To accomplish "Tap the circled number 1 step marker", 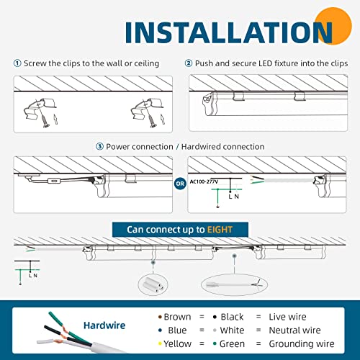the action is tap(17, 63).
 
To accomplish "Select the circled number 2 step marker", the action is tap(189, 63).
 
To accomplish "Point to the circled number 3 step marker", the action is tap(99, 146).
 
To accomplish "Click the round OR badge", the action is tap(180, 184).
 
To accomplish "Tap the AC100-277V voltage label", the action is tap(204, 181).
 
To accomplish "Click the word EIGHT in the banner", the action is tap(220, 230).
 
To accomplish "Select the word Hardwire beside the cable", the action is tap(104, 325).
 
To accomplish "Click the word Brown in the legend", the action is tap(177, 317).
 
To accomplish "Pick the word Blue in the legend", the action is tap(177, 330).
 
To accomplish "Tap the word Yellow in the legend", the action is tap(178, 343).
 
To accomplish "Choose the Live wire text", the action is tap(287, 317).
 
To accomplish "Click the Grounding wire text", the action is tap(302, 344).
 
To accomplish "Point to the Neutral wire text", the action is tap(294, 330).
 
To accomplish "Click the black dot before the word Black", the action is tap(215, 317).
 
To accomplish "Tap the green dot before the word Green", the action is tap(215, 344).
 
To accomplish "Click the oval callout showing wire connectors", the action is tap(153, 284).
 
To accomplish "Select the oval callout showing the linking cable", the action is tap(234, 285).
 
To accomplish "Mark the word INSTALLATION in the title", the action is tap(228, 32).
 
